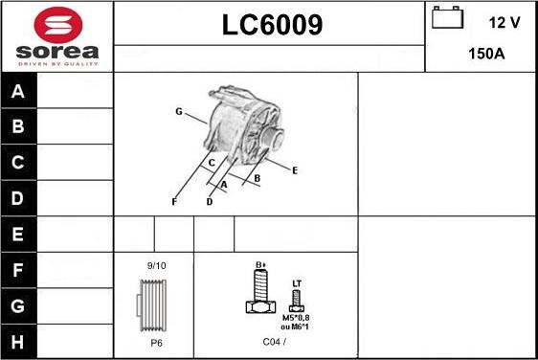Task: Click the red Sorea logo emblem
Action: click(58, 25)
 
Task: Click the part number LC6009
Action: click(273, 25)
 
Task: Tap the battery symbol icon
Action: click(447, 17)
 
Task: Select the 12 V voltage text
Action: click(504, 23)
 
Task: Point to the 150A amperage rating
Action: click(486, 54)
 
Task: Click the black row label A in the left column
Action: click(18, 91)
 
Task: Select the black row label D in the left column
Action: click(18, 198)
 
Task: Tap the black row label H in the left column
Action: click(18, 342)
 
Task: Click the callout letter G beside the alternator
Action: click(179, 111)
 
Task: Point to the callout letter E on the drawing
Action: click(295, 170)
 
